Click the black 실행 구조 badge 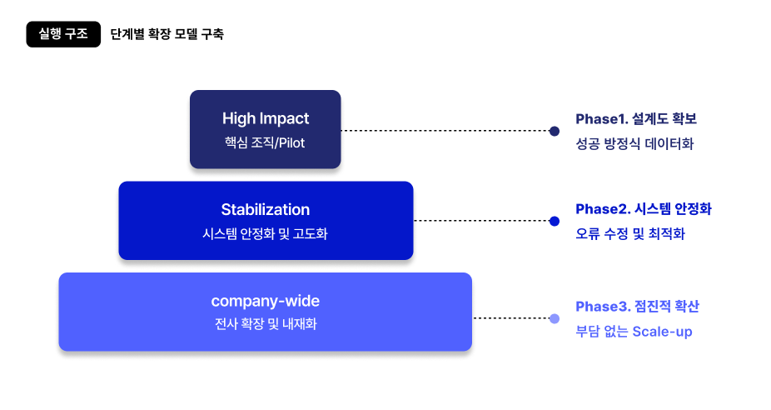coord(63,34)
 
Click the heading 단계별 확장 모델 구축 coord(167,35)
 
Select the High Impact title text coord(266,118)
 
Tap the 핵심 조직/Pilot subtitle coord(265,142)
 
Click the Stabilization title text coord(266,209)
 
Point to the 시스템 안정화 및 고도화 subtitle coord(266,234)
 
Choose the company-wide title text coord(266,301)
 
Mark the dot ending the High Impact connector coord(555,131)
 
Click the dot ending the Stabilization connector coord(555,221)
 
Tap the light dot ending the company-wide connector coord(555,318)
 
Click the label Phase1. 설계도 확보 coord(635,118)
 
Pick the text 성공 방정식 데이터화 coord(634,143)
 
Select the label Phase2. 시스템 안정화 coord(644,208)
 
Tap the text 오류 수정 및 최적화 coord(630,234)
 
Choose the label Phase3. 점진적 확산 coord(637,307)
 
